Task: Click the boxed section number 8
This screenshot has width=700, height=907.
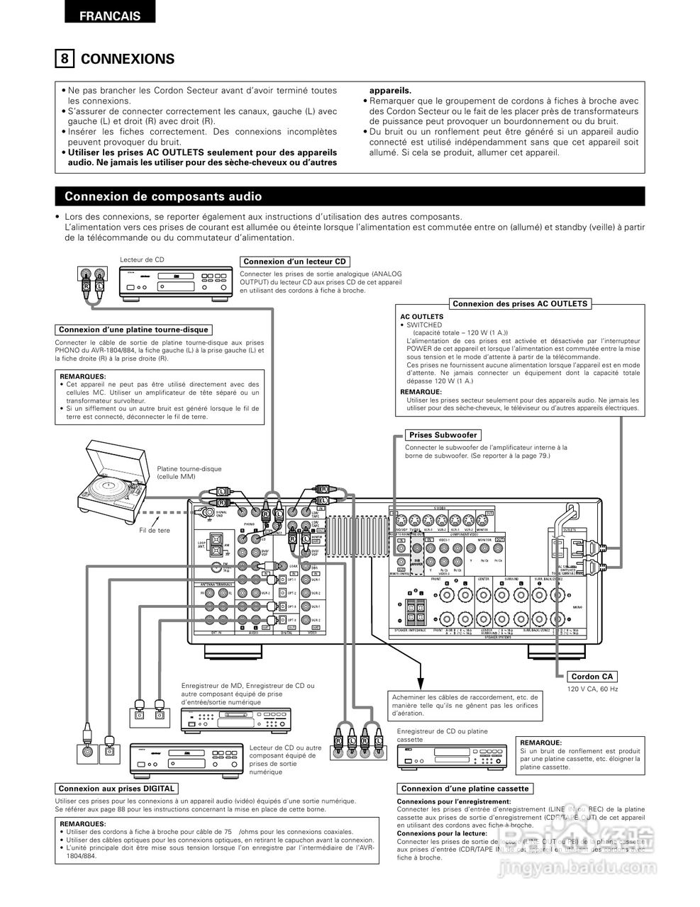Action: [x=64, y=59]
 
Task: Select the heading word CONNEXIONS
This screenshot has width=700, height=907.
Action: [x=128, y=59]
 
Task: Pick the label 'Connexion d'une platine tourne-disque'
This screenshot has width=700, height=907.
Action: [x=133, y=329]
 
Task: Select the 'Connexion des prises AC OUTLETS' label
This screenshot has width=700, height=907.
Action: [x=520, y=304]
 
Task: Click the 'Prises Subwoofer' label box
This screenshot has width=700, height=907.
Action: [x=443, y=435]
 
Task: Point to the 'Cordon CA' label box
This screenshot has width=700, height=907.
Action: [x=591, y=677]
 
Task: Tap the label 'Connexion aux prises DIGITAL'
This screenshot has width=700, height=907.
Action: [x=116, y=789]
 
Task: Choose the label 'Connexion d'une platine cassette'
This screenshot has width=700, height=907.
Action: [x=465, y=789]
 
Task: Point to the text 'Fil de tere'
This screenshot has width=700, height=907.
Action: [x=155, y=530]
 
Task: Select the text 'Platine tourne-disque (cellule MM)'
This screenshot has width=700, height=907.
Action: [x=189, y=473]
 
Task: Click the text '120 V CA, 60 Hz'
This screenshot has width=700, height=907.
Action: [x=592, y=689]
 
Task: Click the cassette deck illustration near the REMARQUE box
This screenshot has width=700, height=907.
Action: [x=452, y=756]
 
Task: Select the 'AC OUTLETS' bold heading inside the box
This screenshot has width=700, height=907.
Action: [x=422, y=317]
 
